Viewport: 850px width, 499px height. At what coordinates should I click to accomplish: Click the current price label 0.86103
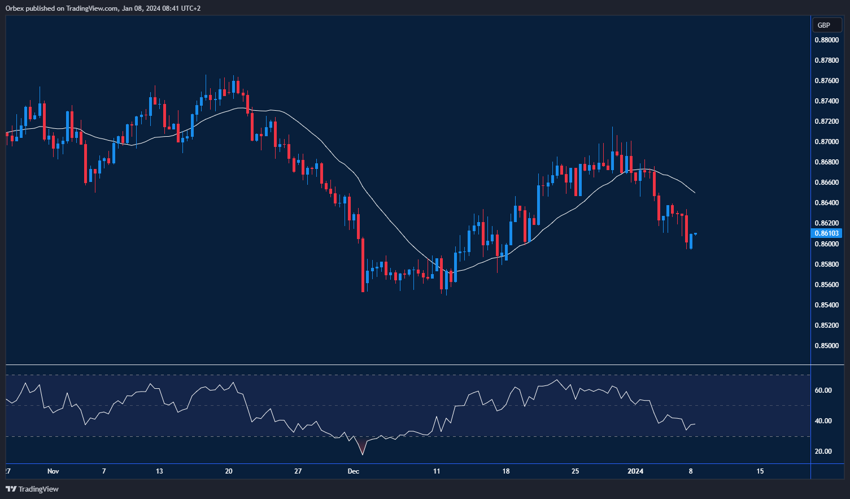coord(826,233)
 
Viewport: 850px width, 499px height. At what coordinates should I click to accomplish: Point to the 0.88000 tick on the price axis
coord(826,40)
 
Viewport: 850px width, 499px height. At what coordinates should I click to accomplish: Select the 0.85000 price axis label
coord(826,346)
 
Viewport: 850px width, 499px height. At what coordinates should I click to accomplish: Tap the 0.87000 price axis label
coord(826,142)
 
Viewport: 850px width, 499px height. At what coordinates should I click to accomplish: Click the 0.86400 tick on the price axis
coord(826,203)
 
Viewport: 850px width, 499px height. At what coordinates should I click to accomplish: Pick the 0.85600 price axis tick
coord(826,285)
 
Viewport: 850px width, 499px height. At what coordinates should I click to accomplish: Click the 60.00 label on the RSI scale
coord(823,390)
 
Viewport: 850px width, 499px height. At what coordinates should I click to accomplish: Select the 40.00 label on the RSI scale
coord(823,421)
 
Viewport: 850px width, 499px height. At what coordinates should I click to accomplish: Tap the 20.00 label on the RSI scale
coord(823,452)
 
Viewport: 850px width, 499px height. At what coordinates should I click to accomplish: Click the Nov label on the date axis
coord(53,471)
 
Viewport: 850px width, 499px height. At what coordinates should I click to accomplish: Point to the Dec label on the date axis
coord(354,471)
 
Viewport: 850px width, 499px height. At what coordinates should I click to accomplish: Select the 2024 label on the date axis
coord(635,471)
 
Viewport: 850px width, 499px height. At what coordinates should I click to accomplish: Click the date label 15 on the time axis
coord(760,471)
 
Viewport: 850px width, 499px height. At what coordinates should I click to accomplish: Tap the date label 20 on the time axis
coord(229,471)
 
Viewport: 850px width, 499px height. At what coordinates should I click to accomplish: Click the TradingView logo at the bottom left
coord(32,489)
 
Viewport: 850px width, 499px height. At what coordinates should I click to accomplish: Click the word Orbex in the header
coord(14,8)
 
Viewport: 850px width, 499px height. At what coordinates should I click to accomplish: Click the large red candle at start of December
coord(363,264)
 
